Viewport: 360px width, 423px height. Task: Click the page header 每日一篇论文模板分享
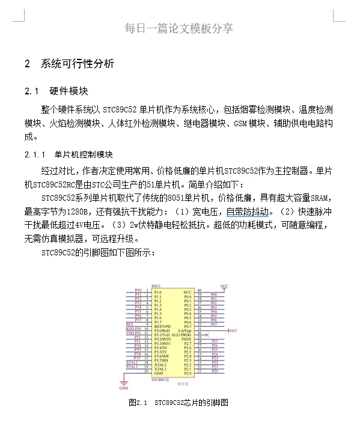pyautogui.click(x=179, y=28)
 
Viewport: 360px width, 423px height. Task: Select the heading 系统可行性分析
pyautogui.click(x=78, y=64)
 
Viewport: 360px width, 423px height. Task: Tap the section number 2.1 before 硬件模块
pyautogui.click(x=31, y=91)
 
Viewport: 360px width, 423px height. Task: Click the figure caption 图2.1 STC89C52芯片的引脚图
pyautogui.click(x=178, y=402)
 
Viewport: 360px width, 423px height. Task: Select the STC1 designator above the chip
pyautogui.click(x=156, y=285)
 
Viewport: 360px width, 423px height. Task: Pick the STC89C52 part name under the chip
pyautogui.click(x=160, y=380)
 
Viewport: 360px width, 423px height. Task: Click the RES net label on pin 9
pyautogui.click(x=129, y=324)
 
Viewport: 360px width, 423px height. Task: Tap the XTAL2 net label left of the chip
pyautogui.click(x=132, y=363)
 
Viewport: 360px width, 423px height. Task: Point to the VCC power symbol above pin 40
pyautogui.click(x=224, y=286)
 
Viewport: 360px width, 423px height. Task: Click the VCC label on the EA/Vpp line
pyautogui.click(x=234, y=330)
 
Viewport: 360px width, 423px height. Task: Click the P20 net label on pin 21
pyautogui.click(x=215, y=372)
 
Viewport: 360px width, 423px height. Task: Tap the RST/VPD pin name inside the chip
pyautogui.click(x=162, y=324)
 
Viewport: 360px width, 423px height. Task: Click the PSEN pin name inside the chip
pyautogui.click(x=186, y=338)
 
